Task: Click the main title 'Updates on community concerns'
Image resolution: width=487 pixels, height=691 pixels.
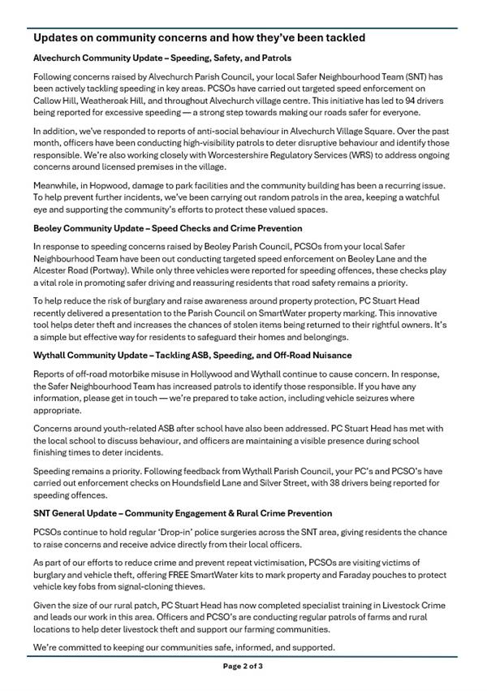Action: coord(199,38)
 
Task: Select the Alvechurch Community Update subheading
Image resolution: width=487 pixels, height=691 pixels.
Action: coord(162,58)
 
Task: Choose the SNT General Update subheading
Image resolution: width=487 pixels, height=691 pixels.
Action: coord(183,513)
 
